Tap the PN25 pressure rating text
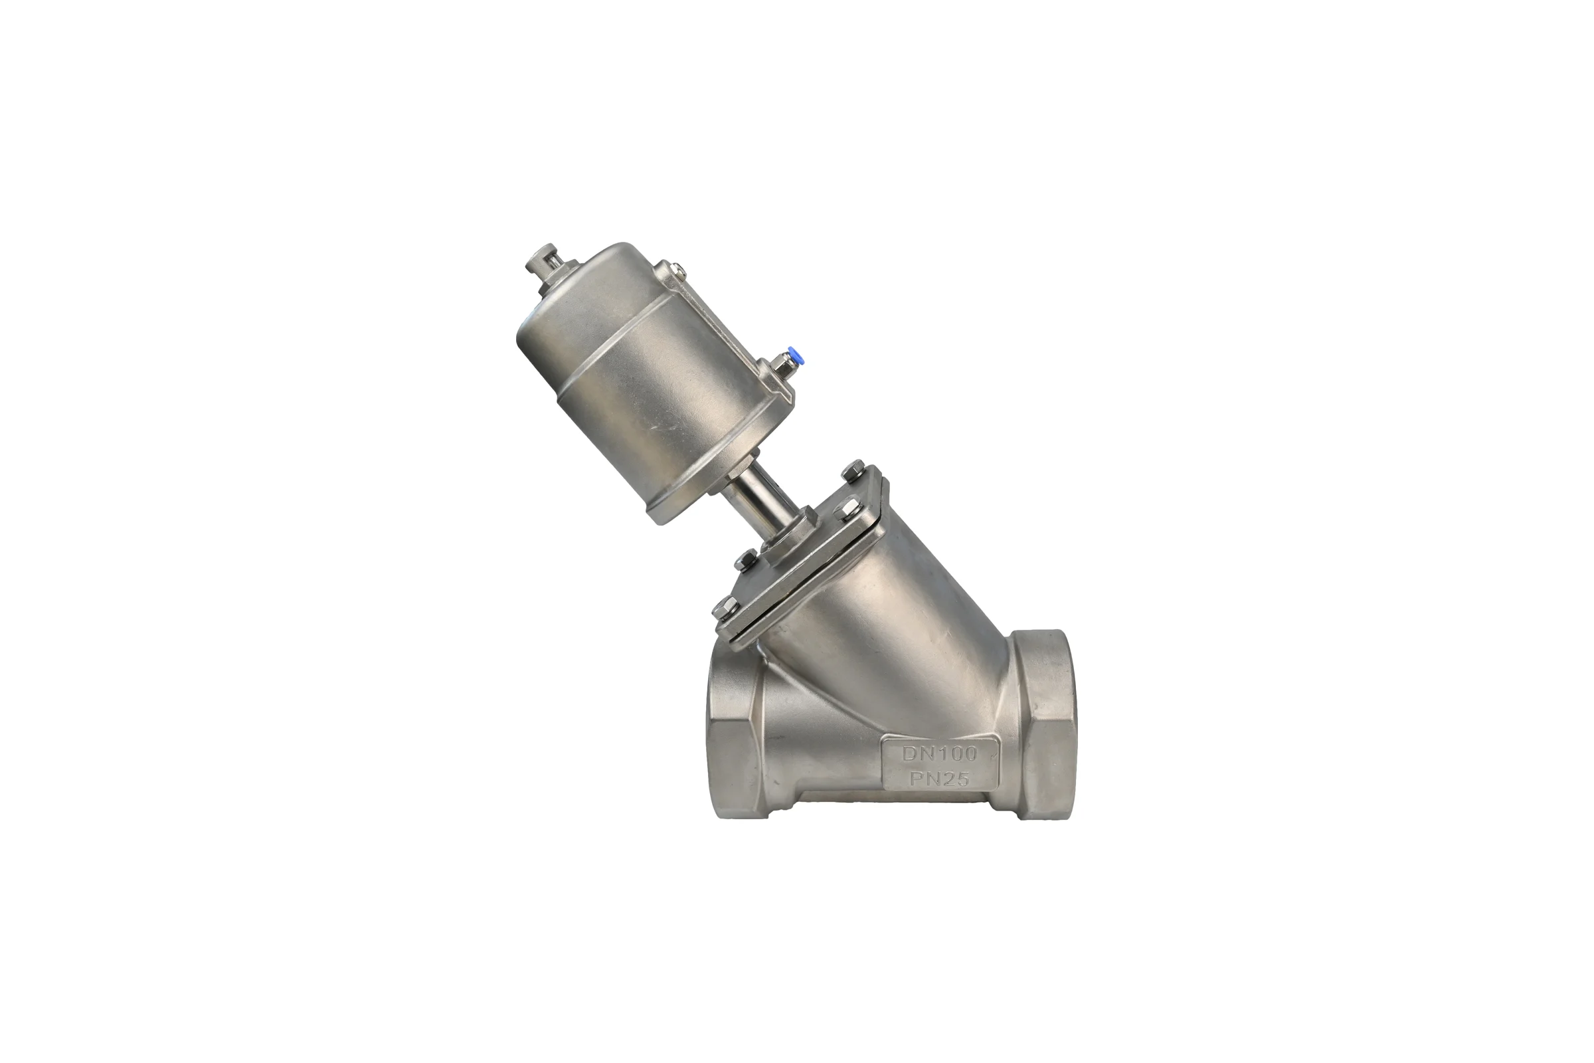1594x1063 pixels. pos(939,779)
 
